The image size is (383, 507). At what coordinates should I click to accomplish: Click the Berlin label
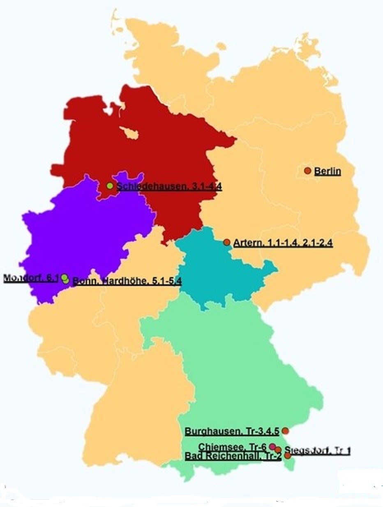pos(328,171)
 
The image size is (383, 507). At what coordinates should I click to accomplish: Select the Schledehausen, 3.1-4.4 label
pos(169,187)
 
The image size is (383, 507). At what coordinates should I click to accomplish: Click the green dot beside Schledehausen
pos(110,186)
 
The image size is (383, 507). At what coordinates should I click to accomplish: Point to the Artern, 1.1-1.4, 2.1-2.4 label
pos(283,243)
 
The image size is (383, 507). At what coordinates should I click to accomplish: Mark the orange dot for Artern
pos(226,242)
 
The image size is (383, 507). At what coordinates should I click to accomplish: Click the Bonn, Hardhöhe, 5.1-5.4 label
pos(127,281)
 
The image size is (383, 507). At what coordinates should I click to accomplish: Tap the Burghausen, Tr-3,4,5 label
pos(232,431)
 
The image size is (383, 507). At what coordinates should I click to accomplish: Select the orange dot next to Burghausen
pos(285,431)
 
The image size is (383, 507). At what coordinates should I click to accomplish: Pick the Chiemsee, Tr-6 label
pos(233,447)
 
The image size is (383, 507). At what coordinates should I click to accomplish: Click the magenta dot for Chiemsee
pos(272,446)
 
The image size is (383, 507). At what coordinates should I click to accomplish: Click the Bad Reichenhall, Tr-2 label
pos(233,456)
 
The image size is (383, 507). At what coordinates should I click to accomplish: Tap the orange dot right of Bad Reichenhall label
pos(288,455)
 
